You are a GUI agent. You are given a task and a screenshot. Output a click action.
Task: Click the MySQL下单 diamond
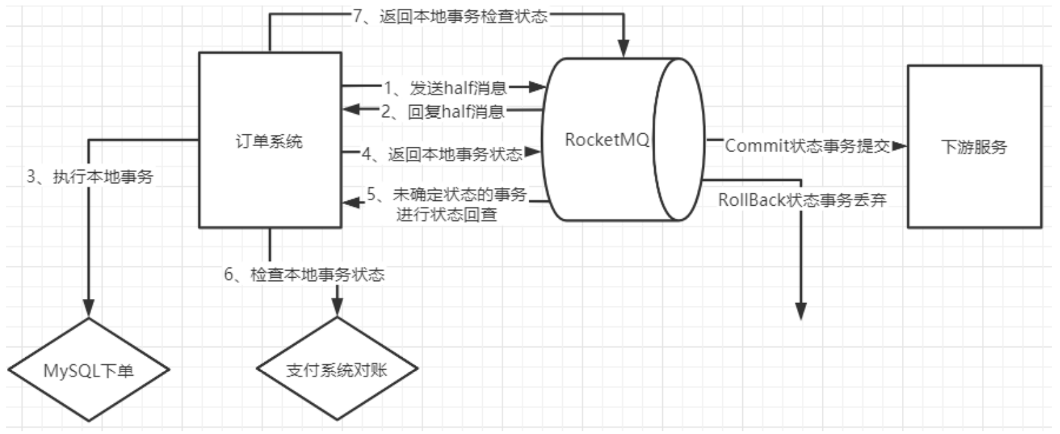pos(88,370)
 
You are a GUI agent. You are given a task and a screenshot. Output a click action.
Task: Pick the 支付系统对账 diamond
pos(337,370)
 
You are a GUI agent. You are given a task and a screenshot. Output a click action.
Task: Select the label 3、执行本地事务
pos(90,176)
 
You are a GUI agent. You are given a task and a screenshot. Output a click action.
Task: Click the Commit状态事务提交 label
pos(807,145)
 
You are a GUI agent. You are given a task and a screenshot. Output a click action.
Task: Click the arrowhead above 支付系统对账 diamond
pos(337,308)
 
